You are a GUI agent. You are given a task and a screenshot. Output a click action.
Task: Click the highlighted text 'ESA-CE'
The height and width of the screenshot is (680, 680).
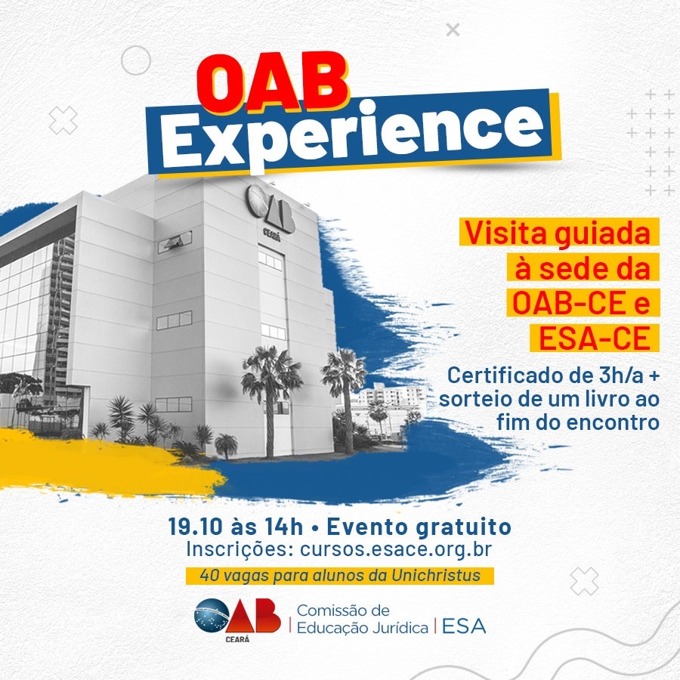(594, 338)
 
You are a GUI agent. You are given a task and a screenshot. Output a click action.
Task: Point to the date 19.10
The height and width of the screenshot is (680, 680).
(196, 527)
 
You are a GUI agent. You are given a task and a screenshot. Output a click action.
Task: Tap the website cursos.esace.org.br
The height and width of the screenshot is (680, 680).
(395, 549)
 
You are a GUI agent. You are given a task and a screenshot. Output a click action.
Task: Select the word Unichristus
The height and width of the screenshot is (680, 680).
(436, 576)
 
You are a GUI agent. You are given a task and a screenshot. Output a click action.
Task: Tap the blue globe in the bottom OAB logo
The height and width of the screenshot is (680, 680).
(212, 616)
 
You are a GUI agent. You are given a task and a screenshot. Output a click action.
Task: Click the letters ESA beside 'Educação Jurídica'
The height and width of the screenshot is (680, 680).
(463, 626)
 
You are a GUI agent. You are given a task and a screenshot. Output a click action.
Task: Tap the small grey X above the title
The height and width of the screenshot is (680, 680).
(453, 30)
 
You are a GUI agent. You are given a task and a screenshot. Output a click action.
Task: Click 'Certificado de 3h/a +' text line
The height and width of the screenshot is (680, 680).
(553, 376)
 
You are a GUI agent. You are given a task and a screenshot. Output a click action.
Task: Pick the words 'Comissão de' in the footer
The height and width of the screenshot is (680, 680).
(343, 610)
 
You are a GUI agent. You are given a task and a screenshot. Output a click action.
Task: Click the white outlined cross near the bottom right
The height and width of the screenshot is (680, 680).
(584, 581)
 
